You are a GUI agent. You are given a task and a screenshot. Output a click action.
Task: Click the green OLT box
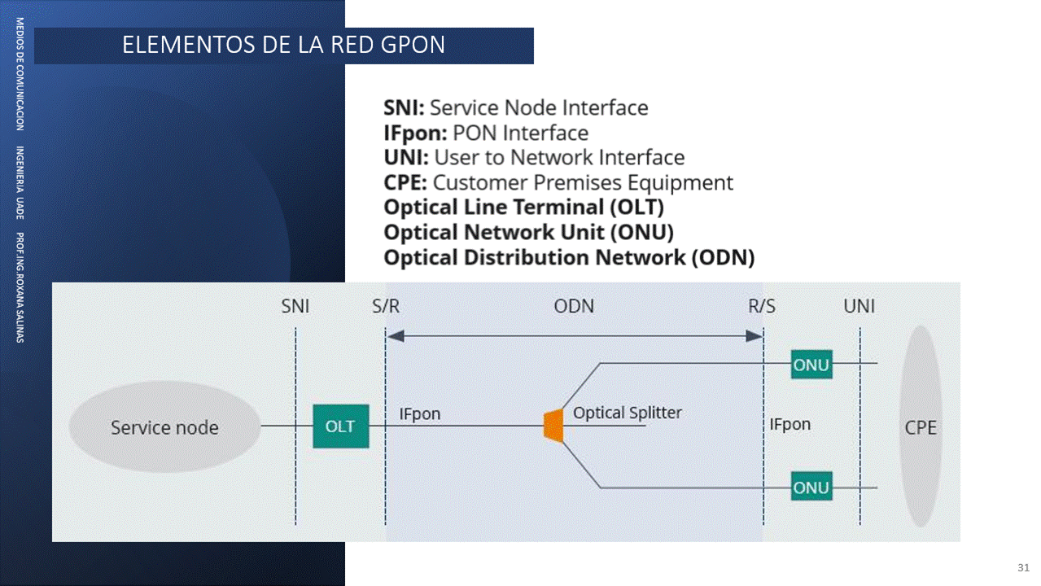coord(341,426)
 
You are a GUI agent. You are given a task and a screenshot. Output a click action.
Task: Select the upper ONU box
coord(811,365)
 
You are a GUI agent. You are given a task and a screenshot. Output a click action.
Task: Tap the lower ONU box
coord(811,488)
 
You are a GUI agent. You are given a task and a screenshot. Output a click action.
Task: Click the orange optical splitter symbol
coord(553,425)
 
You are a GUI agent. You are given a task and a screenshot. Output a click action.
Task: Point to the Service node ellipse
coord(164,427)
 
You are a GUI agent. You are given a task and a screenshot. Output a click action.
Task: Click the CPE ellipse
coord(921,426)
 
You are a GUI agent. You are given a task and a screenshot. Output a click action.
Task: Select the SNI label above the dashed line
coord(295,307)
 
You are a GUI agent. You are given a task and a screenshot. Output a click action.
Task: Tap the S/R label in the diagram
coord(386,307)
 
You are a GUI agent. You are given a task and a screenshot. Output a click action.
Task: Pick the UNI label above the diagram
coord(859,307)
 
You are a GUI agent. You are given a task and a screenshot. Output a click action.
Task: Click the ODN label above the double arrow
coord(574,307)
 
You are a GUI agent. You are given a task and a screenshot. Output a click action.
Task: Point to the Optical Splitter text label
coord(627,413)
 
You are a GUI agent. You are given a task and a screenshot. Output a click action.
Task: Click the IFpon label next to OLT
coord(419,414)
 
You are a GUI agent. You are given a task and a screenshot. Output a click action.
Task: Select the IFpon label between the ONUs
coord(789,424)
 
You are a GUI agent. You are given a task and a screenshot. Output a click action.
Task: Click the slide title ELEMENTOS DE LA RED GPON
coord(283,45)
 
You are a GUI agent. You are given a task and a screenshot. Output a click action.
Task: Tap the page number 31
coord(1023,566)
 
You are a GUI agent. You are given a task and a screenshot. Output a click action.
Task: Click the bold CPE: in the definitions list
coord(405,182)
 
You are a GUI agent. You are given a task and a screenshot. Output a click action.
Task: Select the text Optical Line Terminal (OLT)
coord(523,208)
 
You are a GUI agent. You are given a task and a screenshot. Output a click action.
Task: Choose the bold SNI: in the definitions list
coord(404,107)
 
